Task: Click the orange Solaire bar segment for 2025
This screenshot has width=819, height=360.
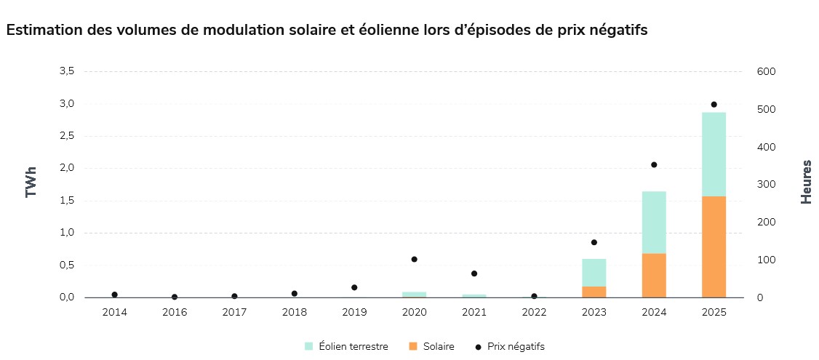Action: click(714, 247)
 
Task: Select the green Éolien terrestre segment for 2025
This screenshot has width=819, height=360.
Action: click(714, 154)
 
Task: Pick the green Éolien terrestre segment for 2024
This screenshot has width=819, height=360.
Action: click(654, 222)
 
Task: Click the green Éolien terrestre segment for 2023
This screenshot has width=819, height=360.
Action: click(594, 272)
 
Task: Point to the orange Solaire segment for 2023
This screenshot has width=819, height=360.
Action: click(594, 292)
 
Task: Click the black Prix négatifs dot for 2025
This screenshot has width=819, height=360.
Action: click(714, 105)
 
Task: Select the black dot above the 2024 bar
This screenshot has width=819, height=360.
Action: click(654, 165)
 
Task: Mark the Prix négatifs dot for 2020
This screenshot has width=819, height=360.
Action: click(414, 259)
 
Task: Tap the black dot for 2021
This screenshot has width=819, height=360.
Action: click(474, 273)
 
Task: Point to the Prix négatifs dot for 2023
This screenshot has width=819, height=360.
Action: click(594, 242)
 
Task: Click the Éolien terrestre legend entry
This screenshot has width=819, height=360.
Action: click(345, 347)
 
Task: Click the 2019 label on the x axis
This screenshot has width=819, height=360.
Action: click(354, 312)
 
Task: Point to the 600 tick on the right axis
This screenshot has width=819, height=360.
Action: click(767, 71)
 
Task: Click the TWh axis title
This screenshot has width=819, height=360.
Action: click(31, 182)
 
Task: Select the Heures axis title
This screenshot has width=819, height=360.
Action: click(806, 182)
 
